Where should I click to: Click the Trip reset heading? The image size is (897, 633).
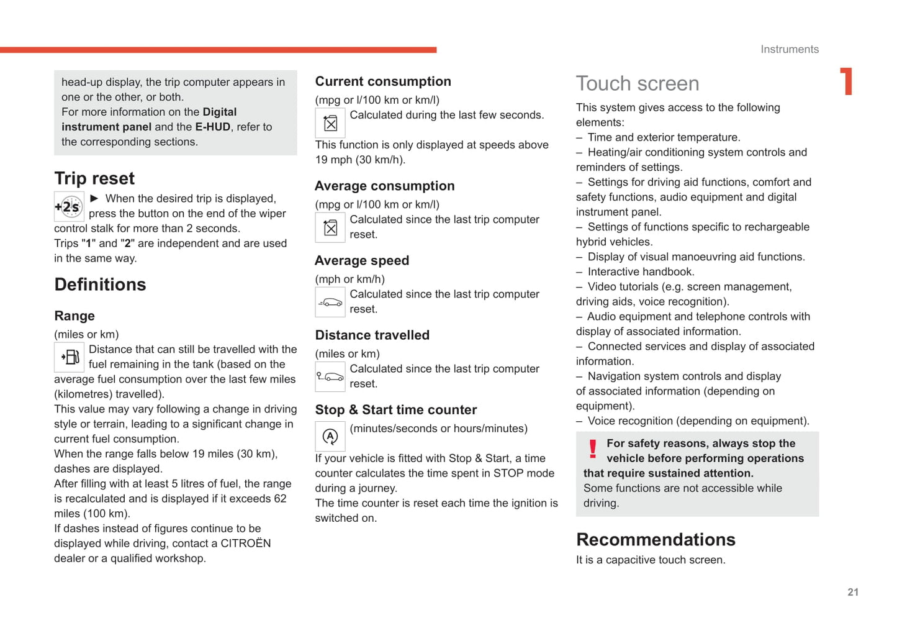pos(94,179)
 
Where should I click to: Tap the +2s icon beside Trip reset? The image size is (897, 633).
pos(69,207)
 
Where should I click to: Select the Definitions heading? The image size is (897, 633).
pos(100,285)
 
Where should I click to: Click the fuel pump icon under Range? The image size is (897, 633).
pos(69,357)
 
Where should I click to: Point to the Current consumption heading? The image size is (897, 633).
pos(383,81)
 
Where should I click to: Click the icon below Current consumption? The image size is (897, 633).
pos(330,123)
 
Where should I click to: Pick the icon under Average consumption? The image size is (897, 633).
pos(330,227)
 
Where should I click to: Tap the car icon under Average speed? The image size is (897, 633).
pos(330,303)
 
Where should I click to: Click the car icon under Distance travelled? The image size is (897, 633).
pos(330,376)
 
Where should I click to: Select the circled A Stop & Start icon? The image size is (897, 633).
pos(330,437)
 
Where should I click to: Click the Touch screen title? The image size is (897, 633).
pos(638,84)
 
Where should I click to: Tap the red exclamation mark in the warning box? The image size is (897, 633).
pos(593,449)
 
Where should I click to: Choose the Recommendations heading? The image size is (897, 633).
pos(656,540)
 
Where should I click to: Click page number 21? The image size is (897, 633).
pos(853,593)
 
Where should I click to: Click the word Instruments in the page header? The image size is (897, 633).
pos(790,50)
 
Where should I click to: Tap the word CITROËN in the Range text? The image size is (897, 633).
pos(246,544)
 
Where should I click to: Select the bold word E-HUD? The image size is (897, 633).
pos(212,127)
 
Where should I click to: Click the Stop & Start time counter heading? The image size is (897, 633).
pos(396,410)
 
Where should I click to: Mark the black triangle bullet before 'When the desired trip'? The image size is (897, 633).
pos(94,198)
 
